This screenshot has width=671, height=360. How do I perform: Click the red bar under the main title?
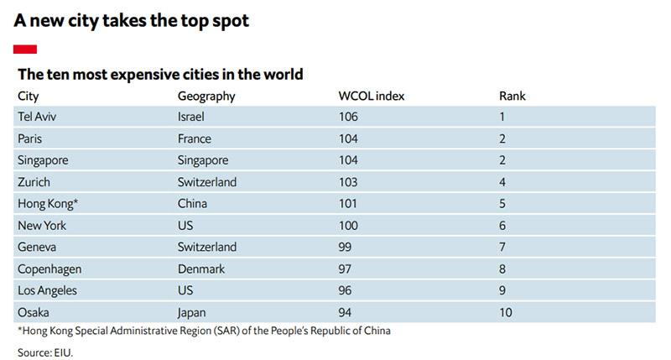pyautogui.click(x=25, y=50)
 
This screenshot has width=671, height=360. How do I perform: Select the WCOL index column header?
pyautogui.click(x=371, y=96)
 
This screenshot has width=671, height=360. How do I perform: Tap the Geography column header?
pyautogui.click(x=206, y=96)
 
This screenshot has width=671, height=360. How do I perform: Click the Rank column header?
pyautogui.click(x=512, y=96)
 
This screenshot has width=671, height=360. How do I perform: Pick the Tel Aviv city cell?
pyautogui.click(x=37, y=117)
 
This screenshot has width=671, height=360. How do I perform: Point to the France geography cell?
pyautogui.click(x=195, y=138)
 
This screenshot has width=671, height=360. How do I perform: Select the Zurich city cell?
pyautogui.click(x=34, y=181)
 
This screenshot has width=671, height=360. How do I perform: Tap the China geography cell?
pyautogui.click(x=192, y=203)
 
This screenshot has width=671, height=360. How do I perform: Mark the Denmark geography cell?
pyautogui.click(x=201, y=268)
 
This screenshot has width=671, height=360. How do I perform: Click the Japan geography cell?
pyautogui.click(x=193, y=311)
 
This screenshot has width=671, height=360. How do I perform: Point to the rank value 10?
pyautogui.click(x=507, y=311)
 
